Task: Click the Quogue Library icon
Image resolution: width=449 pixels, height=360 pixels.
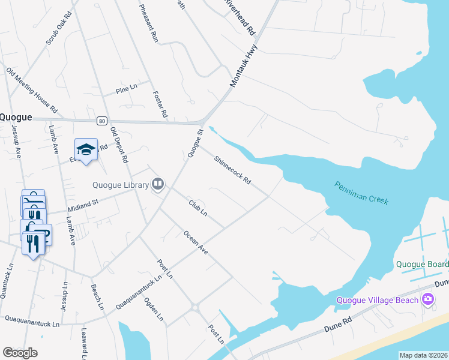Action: [x=158, y=184]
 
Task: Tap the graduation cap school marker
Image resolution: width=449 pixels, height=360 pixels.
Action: [x=86, y=149]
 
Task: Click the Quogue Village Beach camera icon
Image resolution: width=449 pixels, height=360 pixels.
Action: [x=427, y=298]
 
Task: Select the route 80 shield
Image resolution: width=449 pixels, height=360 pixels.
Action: [x=101, y=121]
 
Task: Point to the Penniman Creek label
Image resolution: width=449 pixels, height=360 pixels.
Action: [x=361, y=193]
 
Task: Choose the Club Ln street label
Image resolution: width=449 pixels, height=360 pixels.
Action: [x=197, y=208]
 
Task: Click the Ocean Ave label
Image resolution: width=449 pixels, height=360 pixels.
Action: [x=196, y=242]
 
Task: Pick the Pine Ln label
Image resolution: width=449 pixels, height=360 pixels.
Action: [x=127, y=91]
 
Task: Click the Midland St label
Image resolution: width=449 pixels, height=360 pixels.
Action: [x=82, y=206]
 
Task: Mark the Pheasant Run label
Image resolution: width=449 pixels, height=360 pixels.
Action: [x=148, y=23]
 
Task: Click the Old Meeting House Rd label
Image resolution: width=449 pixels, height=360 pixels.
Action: [x=31, y=91]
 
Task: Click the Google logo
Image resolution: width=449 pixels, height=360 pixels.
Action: [x=20, y=353]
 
